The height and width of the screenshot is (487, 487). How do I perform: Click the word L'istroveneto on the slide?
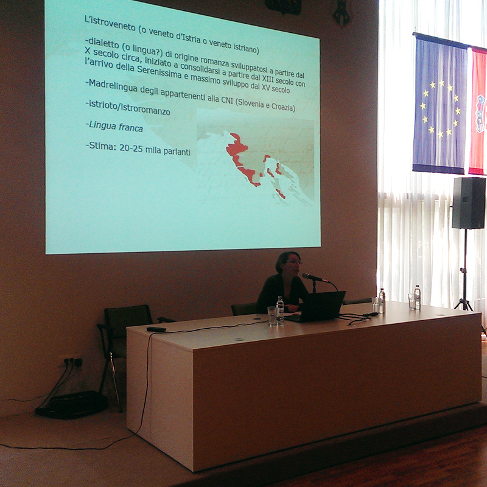click(110, 23)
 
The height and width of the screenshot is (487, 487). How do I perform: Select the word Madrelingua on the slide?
click(113, 85)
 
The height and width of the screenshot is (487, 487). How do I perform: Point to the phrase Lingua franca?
click(115, 127)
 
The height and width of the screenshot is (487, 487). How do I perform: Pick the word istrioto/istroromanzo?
click(128, 108)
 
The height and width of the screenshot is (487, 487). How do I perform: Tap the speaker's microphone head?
click(307, 276)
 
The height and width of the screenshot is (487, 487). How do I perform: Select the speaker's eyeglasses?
click(293, 263)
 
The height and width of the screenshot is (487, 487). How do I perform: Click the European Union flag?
click(440, 104)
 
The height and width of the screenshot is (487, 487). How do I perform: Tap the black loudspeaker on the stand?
click(469, 203)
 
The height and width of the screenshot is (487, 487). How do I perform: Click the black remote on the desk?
click(156, 329)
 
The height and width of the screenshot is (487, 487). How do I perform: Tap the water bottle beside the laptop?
click(280, 310)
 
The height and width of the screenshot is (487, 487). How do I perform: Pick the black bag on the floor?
click(72, 404)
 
